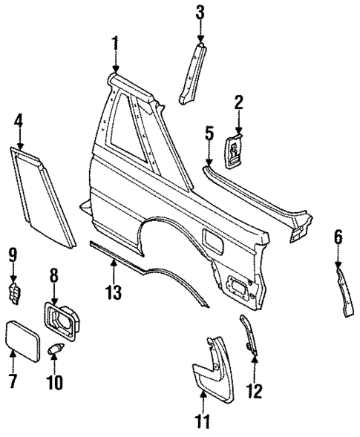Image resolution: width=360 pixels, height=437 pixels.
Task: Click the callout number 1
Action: [x=115, y=44]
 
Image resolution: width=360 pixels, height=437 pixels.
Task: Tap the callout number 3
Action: [x=199, y=13]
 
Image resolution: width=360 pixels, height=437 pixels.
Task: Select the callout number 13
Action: [x=112, y=292]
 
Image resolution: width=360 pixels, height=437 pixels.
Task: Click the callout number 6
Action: [x=338, y=237]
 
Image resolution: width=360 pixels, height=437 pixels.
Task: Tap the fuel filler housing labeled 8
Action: [x=62, y=321]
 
